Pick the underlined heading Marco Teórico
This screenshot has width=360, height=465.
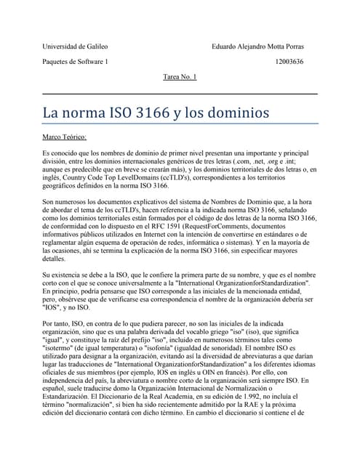point(65,136)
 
